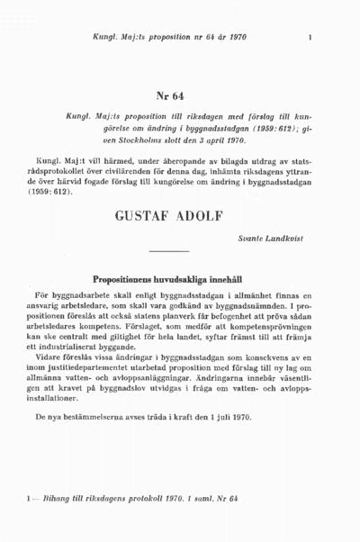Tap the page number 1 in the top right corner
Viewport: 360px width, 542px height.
[x=310, y=37]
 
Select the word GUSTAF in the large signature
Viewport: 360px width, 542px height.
[x=147, y=217]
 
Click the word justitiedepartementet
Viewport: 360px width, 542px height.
[x=107, y=365]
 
